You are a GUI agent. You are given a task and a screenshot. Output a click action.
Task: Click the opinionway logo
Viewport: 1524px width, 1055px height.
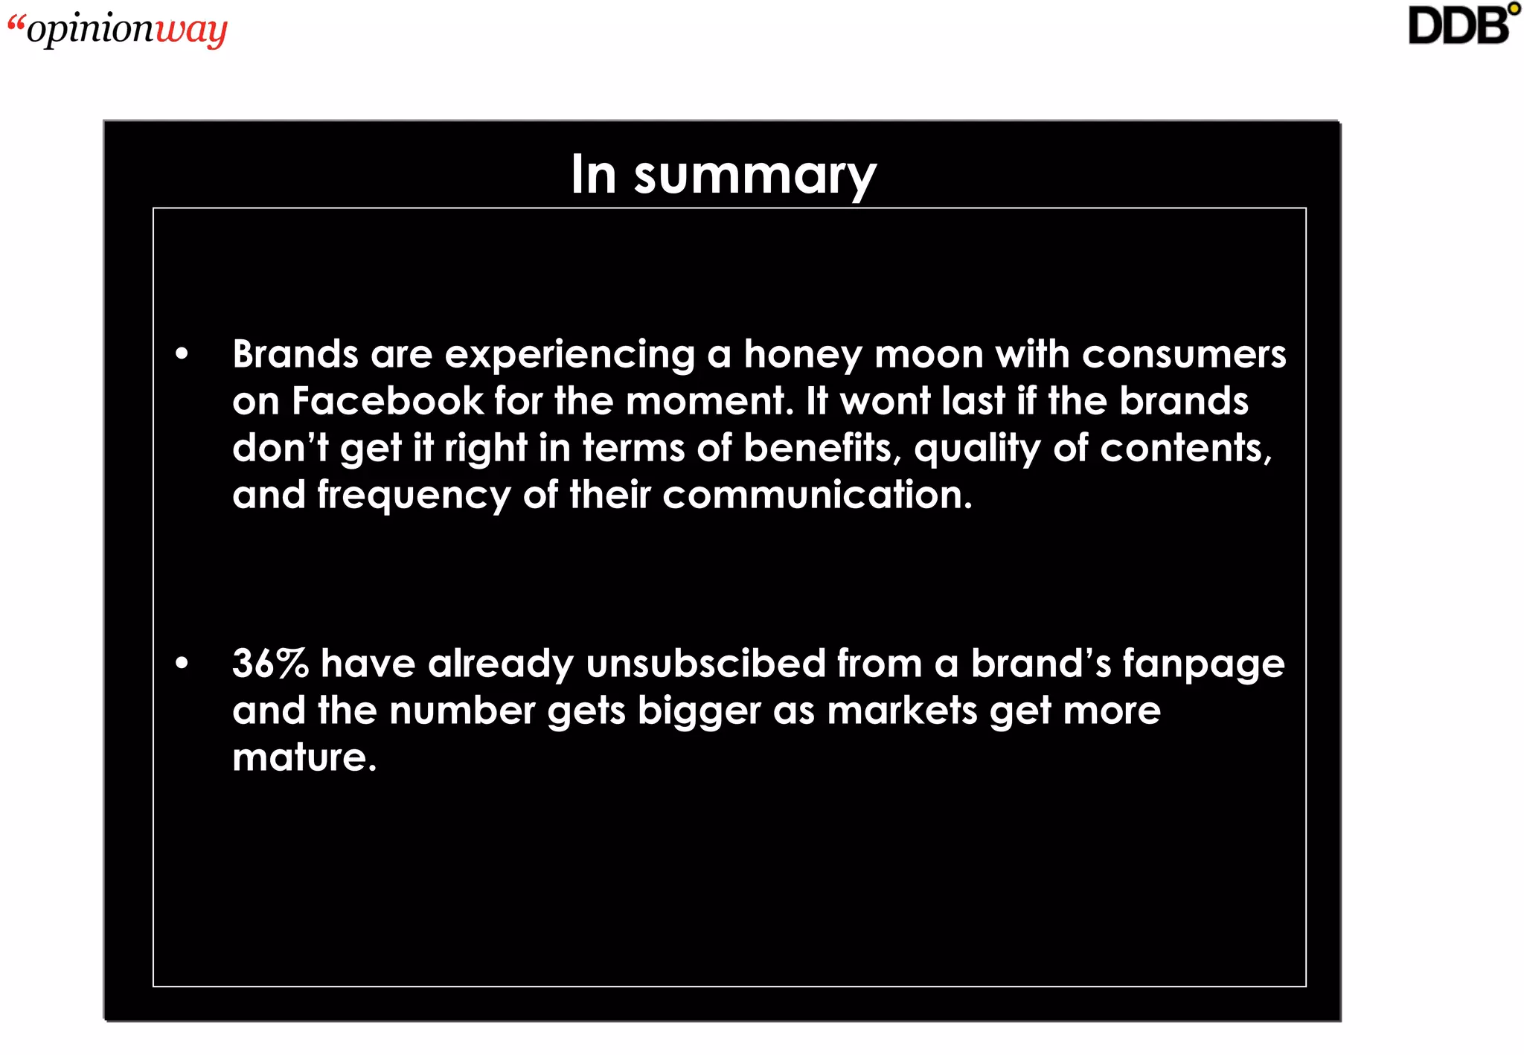pos(118,30)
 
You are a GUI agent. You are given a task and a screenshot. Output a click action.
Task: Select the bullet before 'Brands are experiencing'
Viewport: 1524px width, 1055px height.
pos(182,354)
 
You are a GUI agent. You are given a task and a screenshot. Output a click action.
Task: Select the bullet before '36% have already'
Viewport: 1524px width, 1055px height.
pos(182,663)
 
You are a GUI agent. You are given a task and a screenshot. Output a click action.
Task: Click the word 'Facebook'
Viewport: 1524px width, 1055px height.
pos(387,401)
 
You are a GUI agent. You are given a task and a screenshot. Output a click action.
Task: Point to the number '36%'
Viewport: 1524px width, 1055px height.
pos(270,663)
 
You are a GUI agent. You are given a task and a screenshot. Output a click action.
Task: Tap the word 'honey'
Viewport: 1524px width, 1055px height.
pos(803,355)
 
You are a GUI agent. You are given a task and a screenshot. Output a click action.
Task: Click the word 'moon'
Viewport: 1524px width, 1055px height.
pos(929,355)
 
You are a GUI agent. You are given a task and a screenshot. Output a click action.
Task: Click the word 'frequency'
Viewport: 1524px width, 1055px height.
pos(414,496)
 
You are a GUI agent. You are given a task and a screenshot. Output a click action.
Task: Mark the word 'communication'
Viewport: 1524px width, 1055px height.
pos(816,495)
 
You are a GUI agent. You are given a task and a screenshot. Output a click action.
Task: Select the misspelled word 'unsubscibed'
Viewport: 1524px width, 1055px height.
pos(705,663)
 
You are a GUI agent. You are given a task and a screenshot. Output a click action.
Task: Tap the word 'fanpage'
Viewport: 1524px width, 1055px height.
pos(1203,664)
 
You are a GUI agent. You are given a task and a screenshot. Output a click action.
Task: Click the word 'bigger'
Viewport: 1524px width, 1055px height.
pos(699,711)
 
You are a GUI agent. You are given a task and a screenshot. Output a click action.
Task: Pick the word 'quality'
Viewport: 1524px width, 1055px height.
pos(977,449)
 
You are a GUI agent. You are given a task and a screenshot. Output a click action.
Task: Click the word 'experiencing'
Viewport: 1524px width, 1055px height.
pos(569,355)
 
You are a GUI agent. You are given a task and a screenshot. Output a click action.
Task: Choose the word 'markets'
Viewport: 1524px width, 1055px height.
pos(902,711)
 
